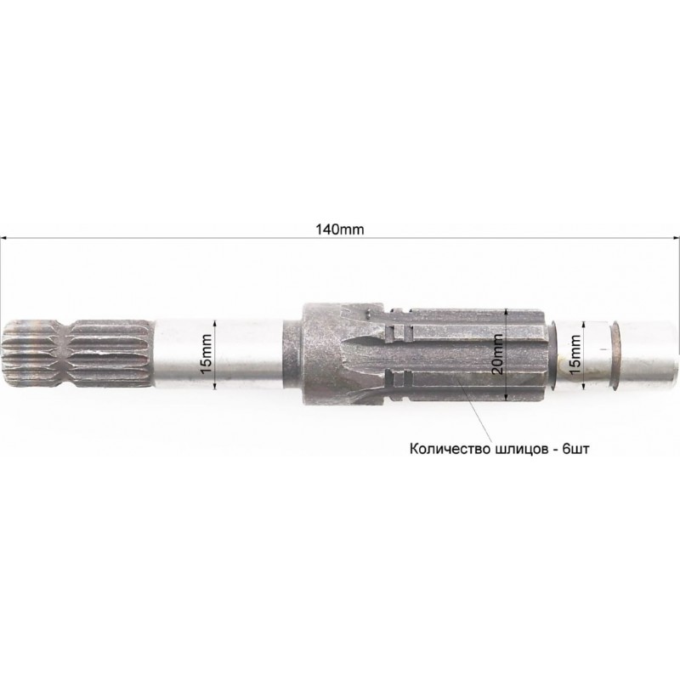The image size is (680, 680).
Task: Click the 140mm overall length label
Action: coord(339,229)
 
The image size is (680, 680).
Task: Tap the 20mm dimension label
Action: coord(498,354)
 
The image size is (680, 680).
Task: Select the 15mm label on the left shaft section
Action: coord(207,354)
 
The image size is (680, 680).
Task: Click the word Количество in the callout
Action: coord(450,449)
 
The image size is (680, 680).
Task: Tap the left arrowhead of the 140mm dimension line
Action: coord(3,238)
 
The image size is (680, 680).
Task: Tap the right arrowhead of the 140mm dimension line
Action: coord(676,238)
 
